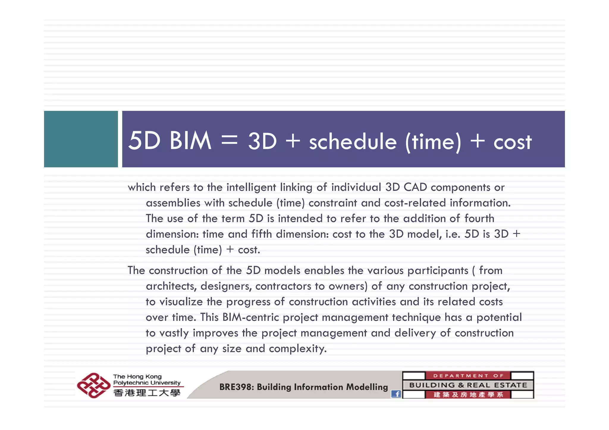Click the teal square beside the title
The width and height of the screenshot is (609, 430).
point(81,139)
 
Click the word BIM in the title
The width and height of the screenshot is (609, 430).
point(190,141)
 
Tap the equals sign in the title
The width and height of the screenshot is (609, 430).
point(230,141)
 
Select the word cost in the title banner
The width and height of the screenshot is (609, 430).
point(512,142)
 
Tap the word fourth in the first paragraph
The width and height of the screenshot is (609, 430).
point(479,218)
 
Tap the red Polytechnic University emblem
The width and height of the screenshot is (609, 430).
point(93,385)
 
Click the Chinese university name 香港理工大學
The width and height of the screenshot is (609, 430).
point(147,393)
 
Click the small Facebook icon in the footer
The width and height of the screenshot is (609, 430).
point(396,394)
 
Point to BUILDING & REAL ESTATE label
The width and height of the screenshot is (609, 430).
point(468,385)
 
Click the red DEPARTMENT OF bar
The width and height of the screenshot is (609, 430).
point(468,376)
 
